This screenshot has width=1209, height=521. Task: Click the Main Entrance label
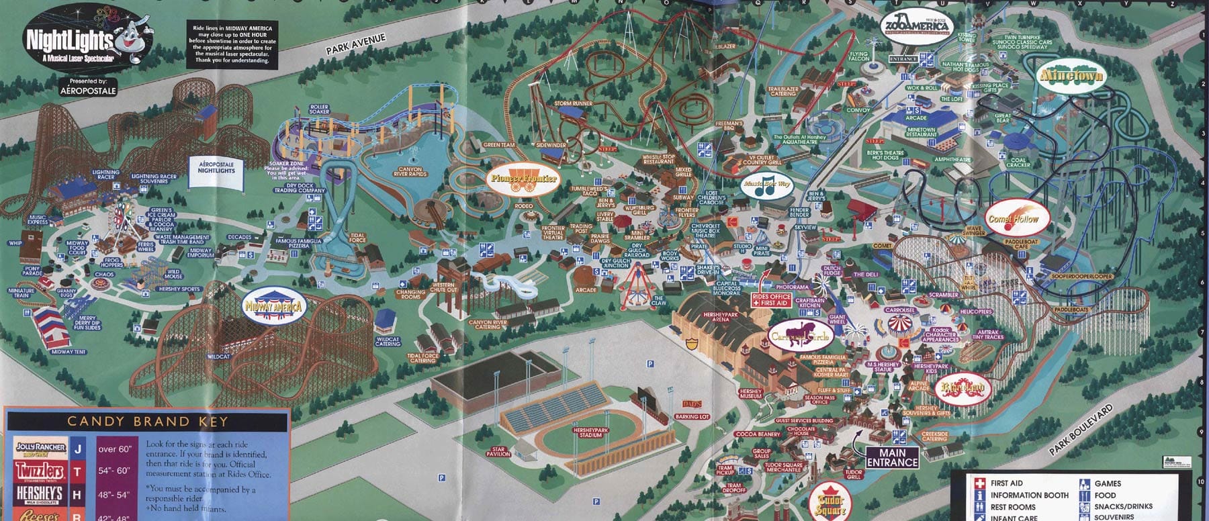[892, 457]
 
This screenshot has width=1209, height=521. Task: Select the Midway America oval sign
[274, 307]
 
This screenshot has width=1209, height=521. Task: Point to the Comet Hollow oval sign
[1013, 219]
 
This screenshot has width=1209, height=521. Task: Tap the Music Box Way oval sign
[766, 185]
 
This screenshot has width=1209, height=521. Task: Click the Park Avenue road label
[356, 44]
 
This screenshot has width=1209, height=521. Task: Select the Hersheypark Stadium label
[590, 432]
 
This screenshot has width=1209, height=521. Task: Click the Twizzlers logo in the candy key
[40, 471]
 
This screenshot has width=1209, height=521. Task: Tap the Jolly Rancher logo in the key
[41, 448]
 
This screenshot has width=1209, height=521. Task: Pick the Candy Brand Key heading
[147, 422]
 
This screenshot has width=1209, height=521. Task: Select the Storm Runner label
[573, 103]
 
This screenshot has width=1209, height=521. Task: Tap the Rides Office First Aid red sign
[772, 299]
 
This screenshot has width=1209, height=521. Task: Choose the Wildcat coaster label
[219, 357]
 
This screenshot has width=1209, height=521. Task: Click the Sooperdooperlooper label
[1081, 277]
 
